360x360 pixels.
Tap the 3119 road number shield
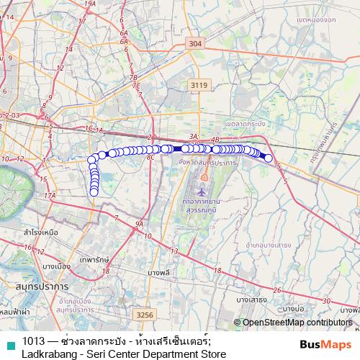[x=199, y=86]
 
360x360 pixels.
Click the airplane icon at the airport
[x=201, y=192]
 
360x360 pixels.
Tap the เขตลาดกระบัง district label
[x=246, y=125]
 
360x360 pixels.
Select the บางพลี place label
[x=158, y=273]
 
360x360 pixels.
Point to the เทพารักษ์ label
[x=95, y=257]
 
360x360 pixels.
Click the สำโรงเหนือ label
[x=40, y=233]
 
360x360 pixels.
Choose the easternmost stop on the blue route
[x=269, y=158]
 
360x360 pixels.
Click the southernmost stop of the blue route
[x=94, y=192]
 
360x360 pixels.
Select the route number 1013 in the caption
[x=33, y=340]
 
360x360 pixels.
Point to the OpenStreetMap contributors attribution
[x=297, y=323]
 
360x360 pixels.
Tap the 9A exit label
[x=140, y=225]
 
